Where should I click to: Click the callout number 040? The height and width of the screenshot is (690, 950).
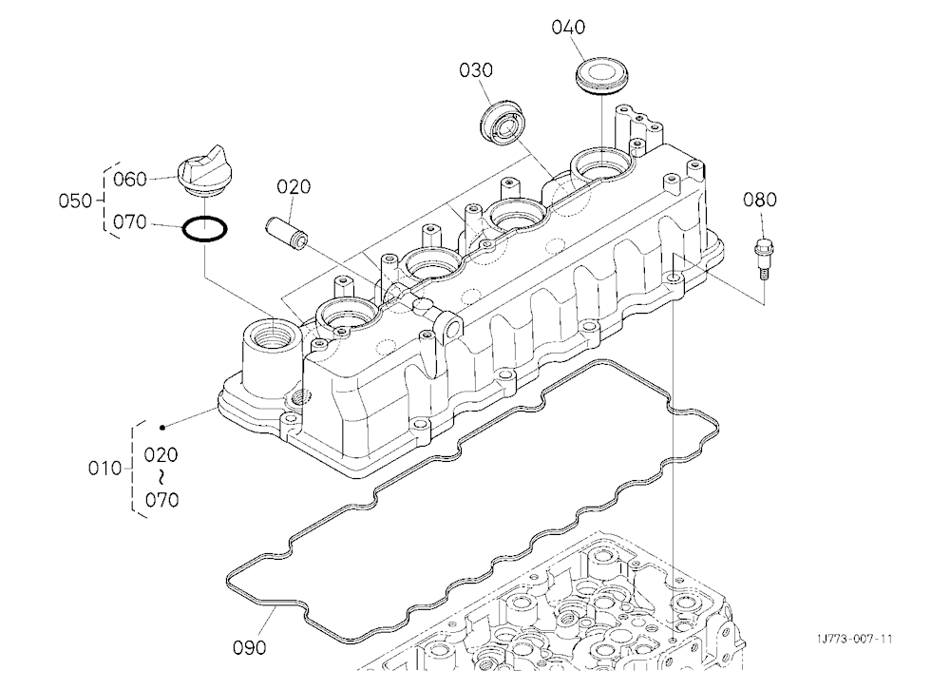point(568,28)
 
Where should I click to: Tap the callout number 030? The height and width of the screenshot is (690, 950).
point(476,70)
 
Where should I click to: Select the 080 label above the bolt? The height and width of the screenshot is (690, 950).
point(760,200)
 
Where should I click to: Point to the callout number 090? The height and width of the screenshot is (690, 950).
point(250,647)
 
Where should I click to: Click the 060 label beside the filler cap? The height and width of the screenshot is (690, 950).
point(130,180)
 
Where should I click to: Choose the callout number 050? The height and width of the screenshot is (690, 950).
point(75,201)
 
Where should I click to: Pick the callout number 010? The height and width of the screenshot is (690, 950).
point(104,469)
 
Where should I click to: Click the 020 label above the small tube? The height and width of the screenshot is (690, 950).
point(294,186)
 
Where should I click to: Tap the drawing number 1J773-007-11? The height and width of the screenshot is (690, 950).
point(854,639)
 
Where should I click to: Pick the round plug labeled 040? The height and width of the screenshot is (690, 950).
point(601,76)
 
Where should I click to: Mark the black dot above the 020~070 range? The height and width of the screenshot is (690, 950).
point(162,428)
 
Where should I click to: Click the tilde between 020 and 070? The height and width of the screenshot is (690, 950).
point(161,478)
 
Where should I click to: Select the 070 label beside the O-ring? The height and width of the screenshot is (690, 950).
point(130,222)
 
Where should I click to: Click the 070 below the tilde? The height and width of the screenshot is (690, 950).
point(161,500)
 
